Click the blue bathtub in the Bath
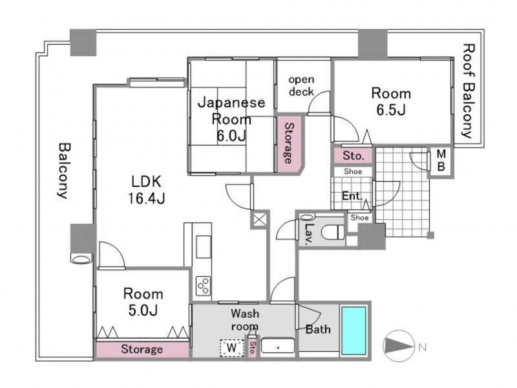click(x=353, y=330)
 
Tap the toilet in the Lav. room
click(x=333, y=232)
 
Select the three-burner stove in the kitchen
click(x=203, y=286)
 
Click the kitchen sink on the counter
click(x=204, y=246)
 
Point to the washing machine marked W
click(x=232, y=348)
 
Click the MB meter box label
click(x=441, y=160)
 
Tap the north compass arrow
click(x=399, y=346)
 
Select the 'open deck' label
click(x=301, y=85)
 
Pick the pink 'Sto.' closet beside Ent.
click(x=353, y=155)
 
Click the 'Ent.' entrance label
click(x=352, y=196)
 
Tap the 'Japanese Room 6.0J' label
click(x=231, y=119)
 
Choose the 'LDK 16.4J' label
click(x=147, y=189)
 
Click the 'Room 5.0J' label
click(x=143, y=302)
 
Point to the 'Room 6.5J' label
click(x=391, y=102)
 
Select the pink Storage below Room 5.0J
click(x=142, y=349)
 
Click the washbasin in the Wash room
click(x=278, y=347)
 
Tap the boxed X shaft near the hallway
click(x=260, y=219)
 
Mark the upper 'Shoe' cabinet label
click(x=353, y=171)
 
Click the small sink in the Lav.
click(x=307, y=217)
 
